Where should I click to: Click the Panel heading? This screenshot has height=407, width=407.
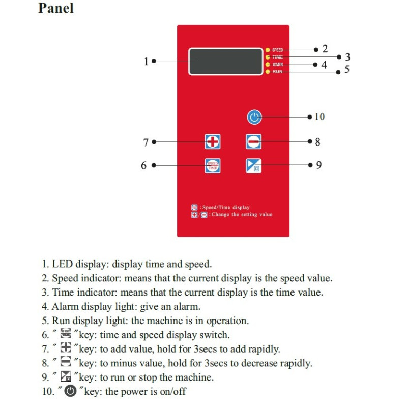(x=56, y=9)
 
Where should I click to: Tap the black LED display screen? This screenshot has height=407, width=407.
(x=224, y=61)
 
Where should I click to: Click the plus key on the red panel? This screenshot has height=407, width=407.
(x=213, y=141)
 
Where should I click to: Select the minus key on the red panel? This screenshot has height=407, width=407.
(x=253, y=141)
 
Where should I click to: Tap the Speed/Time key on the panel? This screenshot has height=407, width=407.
(x=213, y=166)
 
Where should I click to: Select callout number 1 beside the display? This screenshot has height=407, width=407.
(x=146, y=61)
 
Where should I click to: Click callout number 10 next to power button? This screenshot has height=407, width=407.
(x=319, y=117)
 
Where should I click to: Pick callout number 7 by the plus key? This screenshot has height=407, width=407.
(x=146, y=142)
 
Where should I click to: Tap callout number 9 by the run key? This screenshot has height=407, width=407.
(x=318, y=165)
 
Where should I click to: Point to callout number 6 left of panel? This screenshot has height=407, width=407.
(x=144, y=166)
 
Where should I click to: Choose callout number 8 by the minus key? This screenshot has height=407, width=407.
(x=317, y=142)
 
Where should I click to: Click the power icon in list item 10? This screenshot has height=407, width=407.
(x=71, y=391)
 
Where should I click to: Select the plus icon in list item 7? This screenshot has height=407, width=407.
(x=66, y=349)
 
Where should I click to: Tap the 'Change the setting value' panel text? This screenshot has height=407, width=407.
(x=242, y=215)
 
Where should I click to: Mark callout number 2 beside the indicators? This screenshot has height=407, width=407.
(x=325, y=49)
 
